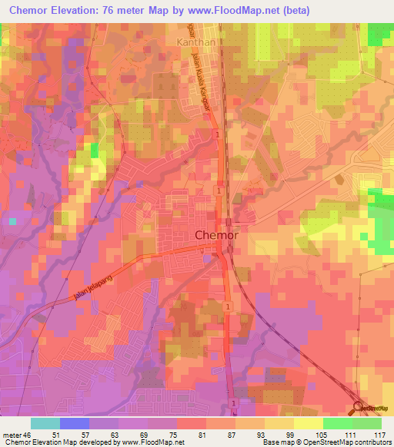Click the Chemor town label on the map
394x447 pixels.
coord(216,236)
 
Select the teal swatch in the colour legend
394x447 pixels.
coord(45,423)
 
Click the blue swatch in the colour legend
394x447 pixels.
coord(74,423)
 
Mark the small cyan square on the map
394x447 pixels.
coord(12,220)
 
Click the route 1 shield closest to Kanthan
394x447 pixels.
coord(218,135)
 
